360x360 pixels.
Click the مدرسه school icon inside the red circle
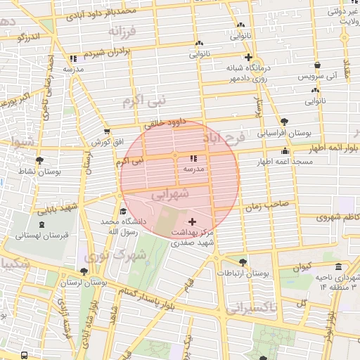[193, 159]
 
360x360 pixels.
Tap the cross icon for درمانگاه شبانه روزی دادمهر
[248, 58]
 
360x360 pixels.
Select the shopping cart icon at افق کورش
[106, 131]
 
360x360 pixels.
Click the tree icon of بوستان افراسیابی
[283, 122]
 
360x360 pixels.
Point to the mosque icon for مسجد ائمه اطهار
[285, 150]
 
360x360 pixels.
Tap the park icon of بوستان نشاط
[39, 160]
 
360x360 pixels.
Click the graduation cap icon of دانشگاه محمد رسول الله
[123, 211]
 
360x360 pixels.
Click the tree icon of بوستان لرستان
[84, 271]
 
